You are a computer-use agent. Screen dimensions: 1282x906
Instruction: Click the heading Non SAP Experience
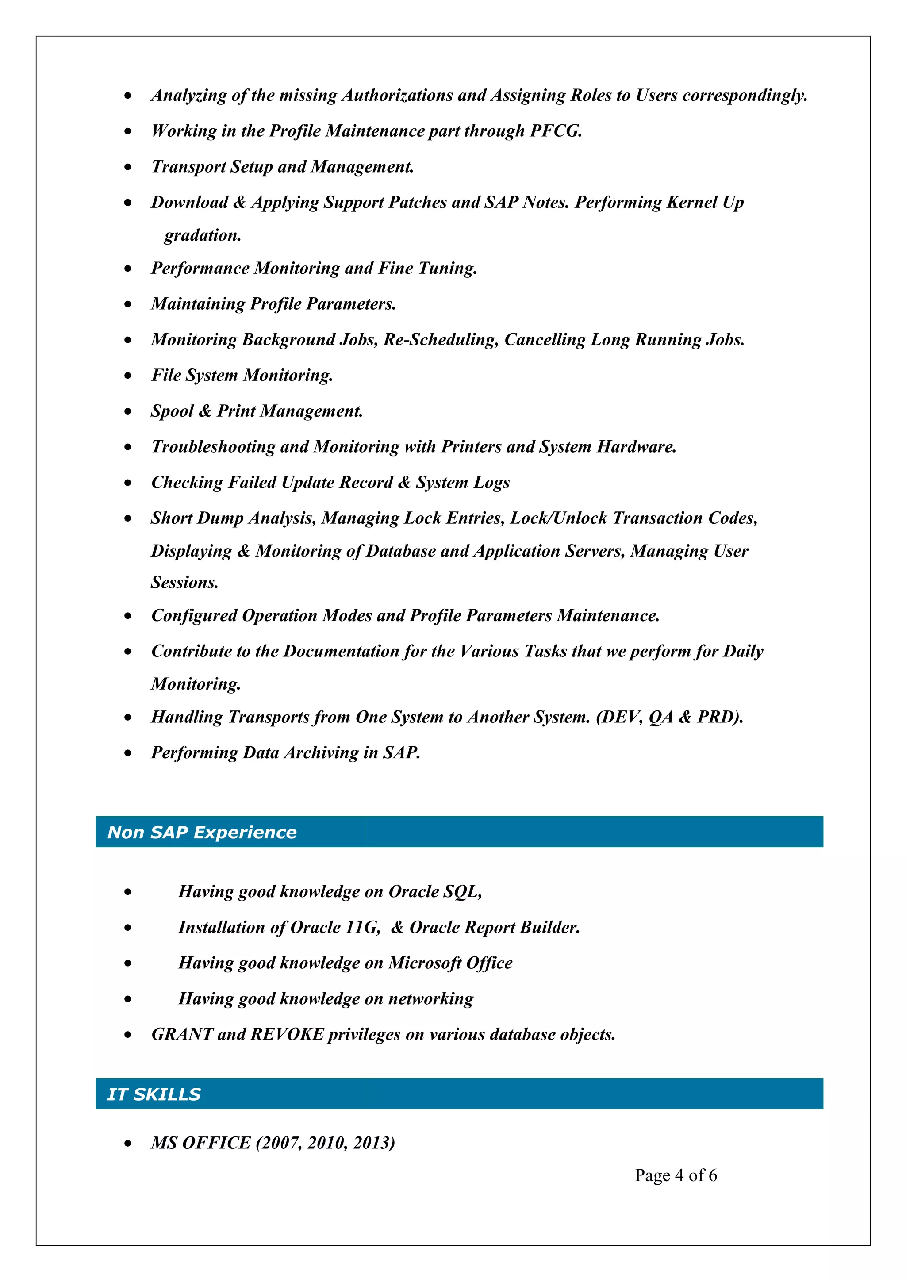[x=202, y=832]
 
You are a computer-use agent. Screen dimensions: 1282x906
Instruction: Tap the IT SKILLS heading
[x=154, y=1094]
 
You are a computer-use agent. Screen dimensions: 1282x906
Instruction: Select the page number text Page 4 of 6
[x=676, y=1175]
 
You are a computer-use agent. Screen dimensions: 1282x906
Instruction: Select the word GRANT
[x=182, y=1034]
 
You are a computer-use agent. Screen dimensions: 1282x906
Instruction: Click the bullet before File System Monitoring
[x=128, y=376]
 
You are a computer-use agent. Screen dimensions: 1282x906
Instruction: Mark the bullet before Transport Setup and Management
[x=128, y=167]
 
